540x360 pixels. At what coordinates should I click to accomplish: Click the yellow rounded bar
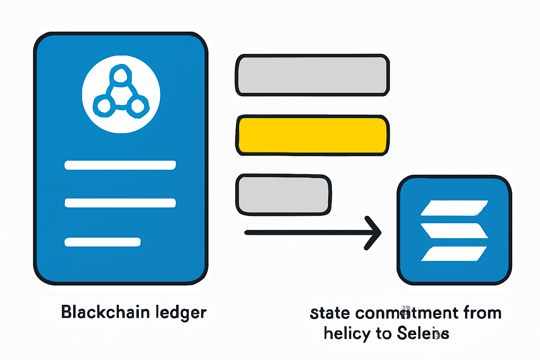(313, 135)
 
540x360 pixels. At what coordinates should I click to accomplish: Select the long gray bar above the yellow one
(313, 75)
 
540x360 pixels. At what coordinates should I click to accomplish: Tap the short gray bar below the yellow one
(283, 194)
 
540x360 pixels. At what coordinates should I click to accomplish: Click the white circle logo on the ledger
(121, 94)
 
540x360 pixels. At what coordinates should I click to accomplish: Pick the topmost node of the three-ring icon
(121, 75)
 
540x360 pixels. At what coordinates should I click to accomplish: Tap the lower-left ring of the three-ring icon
(104, 106)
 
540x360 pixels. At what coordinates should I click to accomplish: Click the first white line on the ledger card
(120, 165)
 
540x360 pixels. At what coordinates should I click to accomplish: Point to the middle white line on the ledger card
(120, 203)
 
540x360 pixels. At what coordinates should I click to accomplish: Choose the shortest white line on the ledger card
(103, 242)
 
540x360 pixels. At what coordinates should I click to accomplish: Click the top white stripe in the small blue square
(454, 207)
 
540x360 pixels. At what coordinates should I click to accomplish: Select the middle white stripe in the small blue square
(454, 231)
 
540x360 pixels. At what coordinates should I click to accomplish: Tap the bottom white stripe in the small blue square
(454, 253)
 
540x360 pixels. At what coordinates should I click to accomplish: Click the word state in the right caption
(330, 313)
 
